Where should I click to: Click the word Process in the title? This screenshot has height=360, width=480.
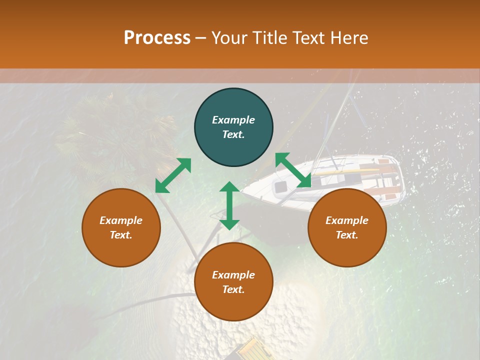coord(157,38)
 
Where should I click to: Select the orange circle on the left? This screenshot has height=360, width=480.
coord(121,227)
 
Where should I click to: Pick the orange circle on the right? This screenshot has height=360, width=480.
coord(347,227)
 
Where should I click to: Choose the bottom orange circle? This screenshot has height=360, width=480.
coord(233,282)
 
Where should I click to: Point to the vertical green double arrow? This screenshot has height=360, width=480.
coord(229,205)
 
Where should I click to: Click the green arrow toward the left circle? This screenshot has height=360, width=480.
coord(173,175)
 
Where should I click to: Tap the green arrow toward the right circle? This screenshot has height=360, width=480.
coord(293,170)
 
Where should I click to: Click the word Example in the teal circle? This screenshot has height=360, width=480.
coord(233,120)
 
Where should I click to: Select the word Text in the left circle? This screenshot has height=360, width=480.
coord(120,235)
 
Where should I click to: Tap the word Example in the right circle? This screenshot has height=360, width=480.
coord(347,220)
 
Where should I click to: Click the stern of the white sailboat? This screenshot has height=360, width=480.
coord(392,177)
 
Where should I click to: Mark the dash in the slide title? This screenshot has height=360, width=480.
coord(201,38)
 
